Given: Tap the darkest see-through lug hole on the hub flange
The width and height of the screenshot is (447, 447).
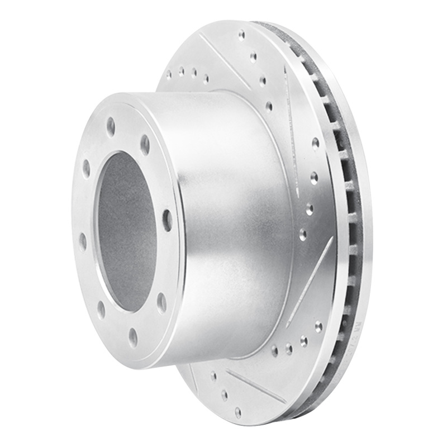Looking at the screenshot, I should [x=167, y=220].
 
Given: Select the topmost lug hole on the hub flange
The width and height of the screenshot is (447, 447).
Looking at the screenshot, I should [x=111, y=127].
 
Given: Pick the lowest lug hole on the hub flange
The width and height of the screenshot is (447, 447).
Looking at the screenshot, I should [x=132, y=336].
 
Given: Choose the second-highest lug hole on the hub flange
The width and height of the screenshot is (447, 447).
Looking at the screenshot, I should [x=145, y=145].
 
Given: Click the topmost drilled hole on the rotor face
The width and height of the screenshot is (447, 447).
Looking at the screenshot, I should [x=241, y=35].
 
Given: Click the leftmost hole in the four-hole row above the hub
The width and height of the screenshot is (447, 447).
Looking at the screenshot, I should [x=169, y=73].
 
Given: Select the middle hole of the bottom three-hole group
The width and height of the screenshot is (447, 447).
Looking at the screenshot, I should [x=289, y=348].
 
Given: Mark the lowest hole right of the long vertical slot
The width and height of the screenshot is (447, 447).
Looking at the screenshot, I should [x=303, y=234].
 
